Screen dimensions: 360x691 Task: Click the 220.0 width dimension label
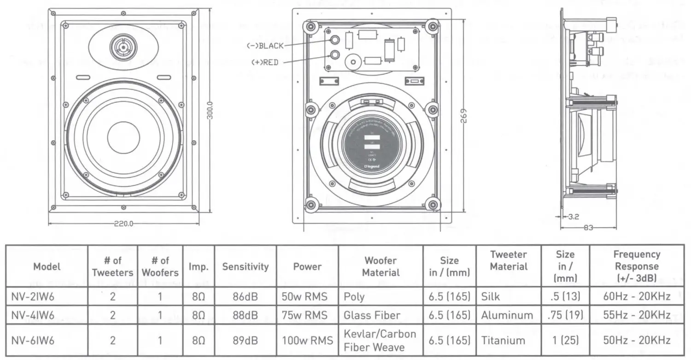pos(123,224)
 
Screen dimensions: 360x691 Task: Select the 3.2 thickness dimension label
pos(574,217)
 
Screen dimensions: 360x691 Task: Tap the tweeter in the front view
pos(122,47)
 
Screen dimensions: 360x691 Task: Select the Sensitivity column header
pos(245,266)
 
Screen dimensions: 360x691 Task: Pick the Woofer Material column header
pos(381,266)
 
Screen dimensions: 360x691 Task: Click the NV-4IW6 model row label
pos(32,315)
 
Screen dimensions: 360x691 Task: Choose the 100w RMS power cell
pos(307,341)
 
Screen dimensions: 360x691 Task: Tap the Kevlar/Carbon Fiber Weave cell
pos(380,341)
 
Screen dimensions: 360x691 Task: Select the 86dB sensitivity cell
pos(245,296)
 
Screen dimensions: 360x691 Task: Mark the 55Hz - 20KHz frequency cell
pos(637,315)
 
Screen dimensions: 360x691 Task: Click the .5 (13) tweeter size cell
pos(565,296)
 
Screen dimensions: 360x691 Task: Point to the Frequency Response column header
pos(637,266)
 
